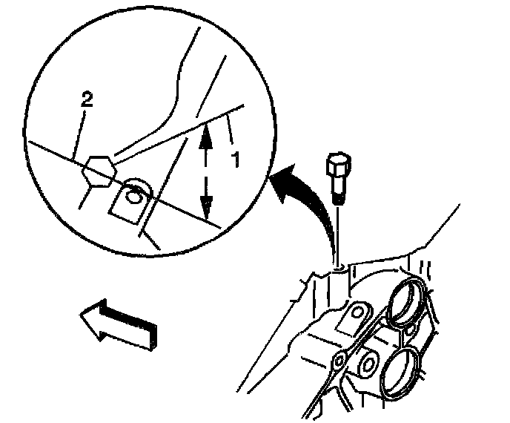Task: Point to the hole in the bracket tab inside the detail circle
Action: click(x=134, y=197)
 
